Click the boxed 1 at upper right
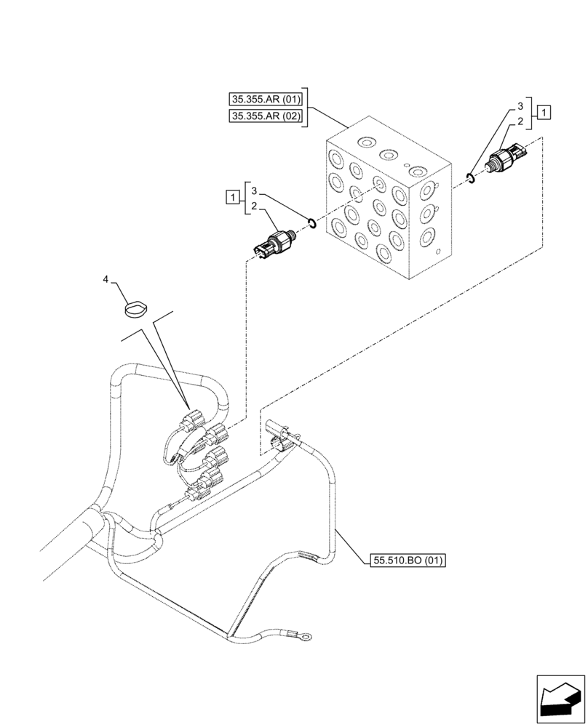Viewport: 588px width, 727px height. click(x=545, y=112)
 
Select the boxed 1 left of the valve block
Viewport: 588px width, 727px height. click(x=231, y=196)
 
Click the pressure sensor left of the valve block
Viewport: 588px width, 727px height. click(x=274, y=243)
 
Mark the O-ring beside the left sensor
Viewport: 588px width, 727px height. click(x=311, y=223)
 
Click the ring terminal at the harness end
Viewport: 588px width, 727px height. click(x=307, y=638)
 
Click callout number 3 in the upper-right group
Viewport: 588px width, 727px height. click(x=521, y=105)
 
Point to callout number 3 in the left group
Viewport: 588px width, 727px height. click(x=253, y=190)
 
